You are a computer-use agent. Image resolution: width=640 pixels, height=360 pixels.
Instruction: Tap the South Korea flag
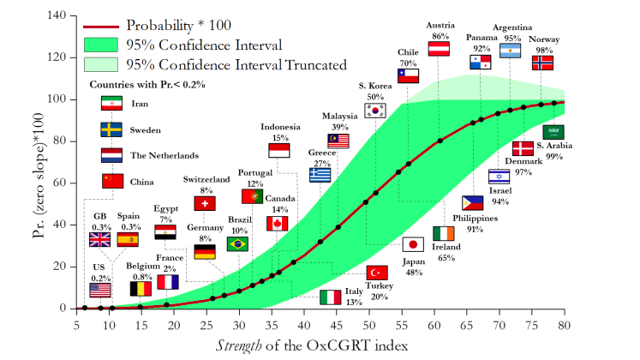pos(375,110)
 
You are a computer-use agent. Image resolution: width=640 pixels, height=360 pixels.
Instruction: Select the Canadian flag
pos(277,224)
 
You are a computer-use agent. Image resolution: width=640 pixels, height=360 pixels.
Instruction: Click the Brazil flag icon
pos(237,244)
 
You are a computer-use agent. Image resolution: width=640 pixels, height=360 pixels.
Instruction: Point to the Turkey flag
pos(377,273)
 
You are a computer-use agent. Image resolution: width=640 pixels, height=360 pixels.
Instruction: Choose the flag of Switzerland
pos(205,203)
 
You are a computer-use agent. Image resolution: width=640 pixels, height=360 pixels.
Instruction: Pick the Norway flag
pos(542,63)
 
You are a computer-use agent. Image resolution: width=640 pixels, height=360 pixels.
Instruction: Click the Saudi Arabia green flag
pos(553,132)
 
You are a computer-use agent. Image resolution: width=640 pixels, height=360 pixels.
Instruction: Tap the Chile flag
pos(408,75)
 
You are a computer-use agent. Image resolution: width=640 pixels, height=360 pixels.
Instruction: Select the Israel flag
pos(499,177)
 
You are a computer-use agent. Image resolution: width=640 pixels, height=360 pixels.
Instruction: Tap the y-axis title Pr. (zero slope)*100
pos(38,162)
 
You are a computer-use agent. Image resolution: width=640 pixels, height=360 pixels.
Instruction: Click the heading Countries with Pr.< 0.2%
pos(147,85)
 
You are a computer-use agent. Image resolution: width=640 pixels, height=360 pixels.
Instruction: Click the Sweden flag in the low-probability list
pos(112,129)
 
